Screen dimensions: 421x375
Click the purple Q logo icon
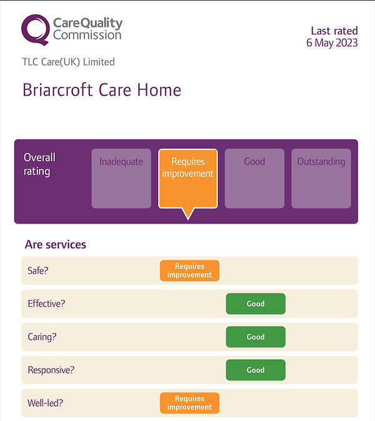(x=36, y=30)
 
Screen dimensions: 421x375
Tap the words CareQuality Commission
(x=87, y=29)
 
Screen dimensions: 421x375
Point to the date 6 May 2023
(x=332, y=42)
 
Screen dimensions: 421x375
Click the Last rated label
(x=334, y=31)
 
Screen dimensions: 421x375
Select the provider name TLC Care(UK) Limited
(x=68, y=62)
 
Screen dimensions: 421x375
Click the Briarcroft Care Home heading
(x=102, y=90)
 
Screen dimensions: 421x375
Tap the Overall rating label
(x=40, y=164)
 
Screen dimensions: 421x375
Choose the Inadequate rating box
(x=121, y=178)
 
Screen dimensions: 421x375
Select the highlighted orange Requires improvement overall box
(x=188, y=178)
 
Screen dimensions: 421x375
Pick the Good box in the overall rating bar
(x=254, y=178)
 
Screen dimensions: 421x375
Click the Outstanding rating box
(x=321, y=178)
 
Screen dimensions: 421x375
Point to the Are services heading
(x=56, y=244)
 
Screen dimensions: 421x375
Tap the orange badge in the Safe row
(x=189, y=270)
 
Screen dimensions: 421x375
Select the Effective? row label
(x=46, y=304)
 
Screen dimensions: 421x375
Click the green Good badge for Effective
(x=256, y=304)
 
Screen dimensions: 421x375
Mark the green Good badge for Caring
(x=256, y=337)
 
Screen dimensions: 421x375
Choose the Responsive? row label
(x=51, y=370)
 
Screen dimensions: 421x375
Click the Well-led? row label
(x=46, y=403)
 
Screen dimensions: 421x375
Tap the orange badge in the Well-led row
(x=189, y=403)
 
